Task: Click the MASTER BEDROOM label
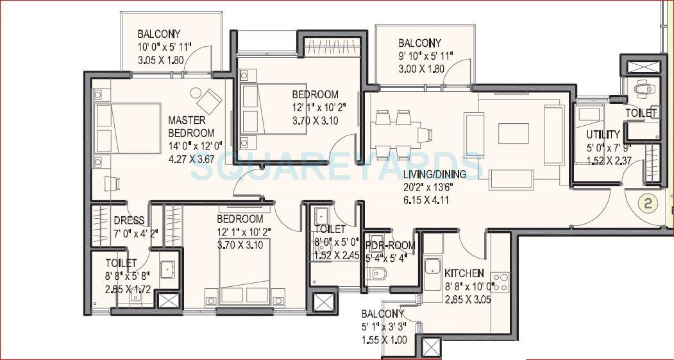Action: coord(187,126)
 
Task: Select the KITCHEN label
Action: coord(464,273)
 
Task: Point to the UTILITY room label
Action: coord(603,135)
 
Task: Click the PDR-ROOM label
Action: coord(390,246)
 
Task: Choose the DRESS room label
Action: coord(128,219)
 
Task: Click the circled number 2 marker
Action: coord(648,204)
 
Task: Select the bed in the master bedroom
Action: coord(128,128)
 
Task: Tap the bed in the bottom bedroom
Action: coord(244,270)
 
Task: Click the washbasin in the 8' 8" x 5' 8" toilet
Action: coord(167,270)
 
